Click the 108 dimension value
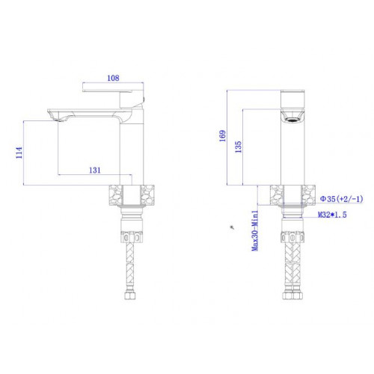pyautogui.click(x=113, y=78)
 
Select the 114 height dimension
pyautogui.click(x=19, y=153)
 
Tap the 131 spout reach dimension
pyautogui.click(x=95, y=171)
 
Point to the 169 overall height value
pyautogui.click(x=222, y=136)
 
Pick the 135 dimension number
pyautogui.click(x=239, y=147)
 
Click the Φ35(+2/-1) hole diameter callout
pyautogui.click(x=342, y=199)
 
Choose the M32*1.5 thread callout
pyautogui.click(x=332, y=215)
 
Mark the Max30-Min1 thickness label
pyautogui.click(x=255, y=230)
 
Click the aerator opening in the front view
pyautogui.click(x=292, y=120)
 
